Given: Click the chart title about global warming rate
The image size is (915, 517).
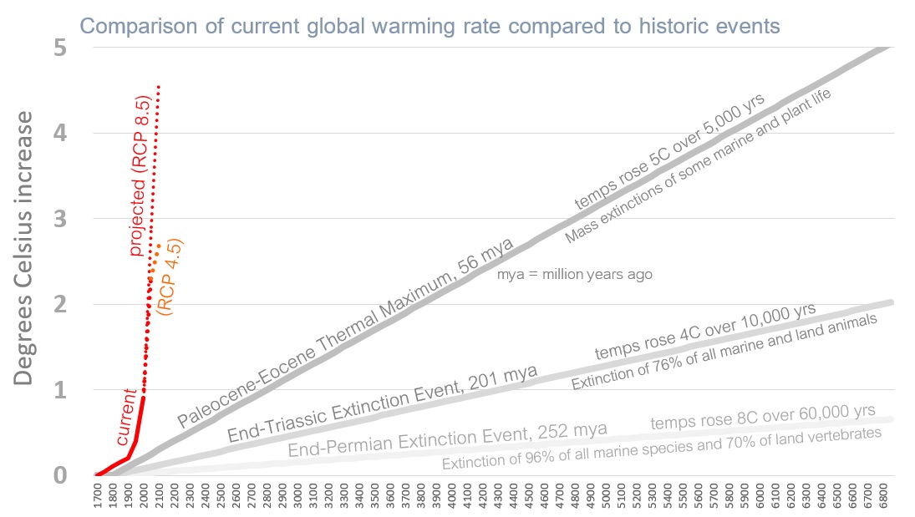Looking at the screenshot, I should point(430,26).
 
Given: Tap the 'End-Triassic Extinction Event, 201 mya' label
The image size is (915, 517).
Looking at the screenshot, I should point(382,404).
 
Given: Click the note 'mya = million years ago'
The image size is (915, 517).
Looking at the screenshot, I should point(574,275).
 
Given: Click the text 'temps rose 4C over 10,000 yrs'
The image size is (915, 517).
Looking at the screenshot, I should point(705,332).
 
